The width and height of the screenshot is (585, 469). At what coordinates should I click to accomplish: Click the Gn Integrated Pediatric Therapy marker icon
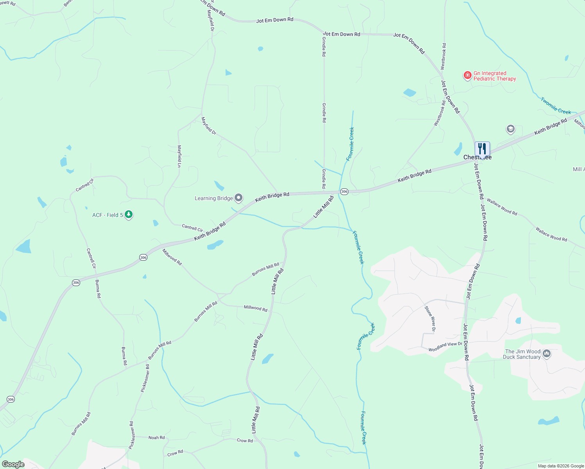coord(467,75)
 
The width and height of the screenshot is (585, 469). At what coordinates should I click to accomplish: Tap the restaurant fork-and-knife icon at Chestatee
coord(482,149)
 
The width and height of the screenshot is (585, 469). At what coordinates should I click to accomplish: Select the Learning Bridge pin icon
coord(239,198)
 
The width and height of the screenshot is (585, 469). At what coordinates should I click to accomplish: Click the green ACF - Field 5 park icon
coord(128,215)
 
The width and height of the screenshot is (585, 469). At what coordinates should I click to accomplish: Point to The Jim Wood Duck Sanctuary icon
coord(547,354)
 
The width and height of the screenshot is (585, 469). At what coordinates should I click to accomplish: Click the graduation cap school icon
coord(510,129)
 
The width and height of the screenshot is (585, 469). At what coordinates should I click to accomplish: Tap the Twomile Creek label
coord(556,106)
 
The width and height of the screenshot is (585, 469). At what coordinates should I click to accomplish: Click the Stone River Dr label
coord(430,319)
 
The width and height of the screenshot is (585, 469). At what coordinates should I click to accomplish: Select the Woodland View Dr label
coord(445,347)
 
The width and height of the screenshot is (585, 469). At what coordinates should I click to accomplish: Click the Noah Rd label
coord(156,438)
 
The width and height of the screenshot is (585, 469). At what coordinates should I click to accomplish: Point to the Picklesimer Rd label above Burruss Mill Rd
coord(145,378)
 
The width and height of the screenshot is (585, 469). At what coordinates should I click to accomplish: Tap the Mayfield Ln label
coord(179,156)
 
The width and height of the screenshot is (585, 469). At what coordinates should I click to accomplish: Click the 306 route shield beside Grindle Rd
coord(344,192)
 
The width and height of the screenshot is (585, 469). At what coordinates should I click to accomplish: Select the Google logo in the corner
coord(13,464)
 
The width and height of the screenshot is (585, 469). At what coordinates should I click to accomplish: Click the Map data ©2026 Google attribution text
coord(560,466)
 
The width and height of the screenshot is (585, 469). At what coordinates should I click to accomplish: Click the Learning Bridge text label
coord(214,199)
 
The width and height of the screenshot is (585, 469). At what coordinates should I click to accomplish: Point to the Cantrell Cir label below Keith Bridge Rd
coord(192,227)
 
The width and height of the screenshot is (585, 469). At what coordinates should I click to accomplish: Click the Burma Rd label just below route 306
coord(98,289)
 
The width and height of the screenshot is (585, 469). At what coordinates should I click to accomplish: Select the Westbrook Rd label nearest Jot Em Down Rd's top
coord(444,57)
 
